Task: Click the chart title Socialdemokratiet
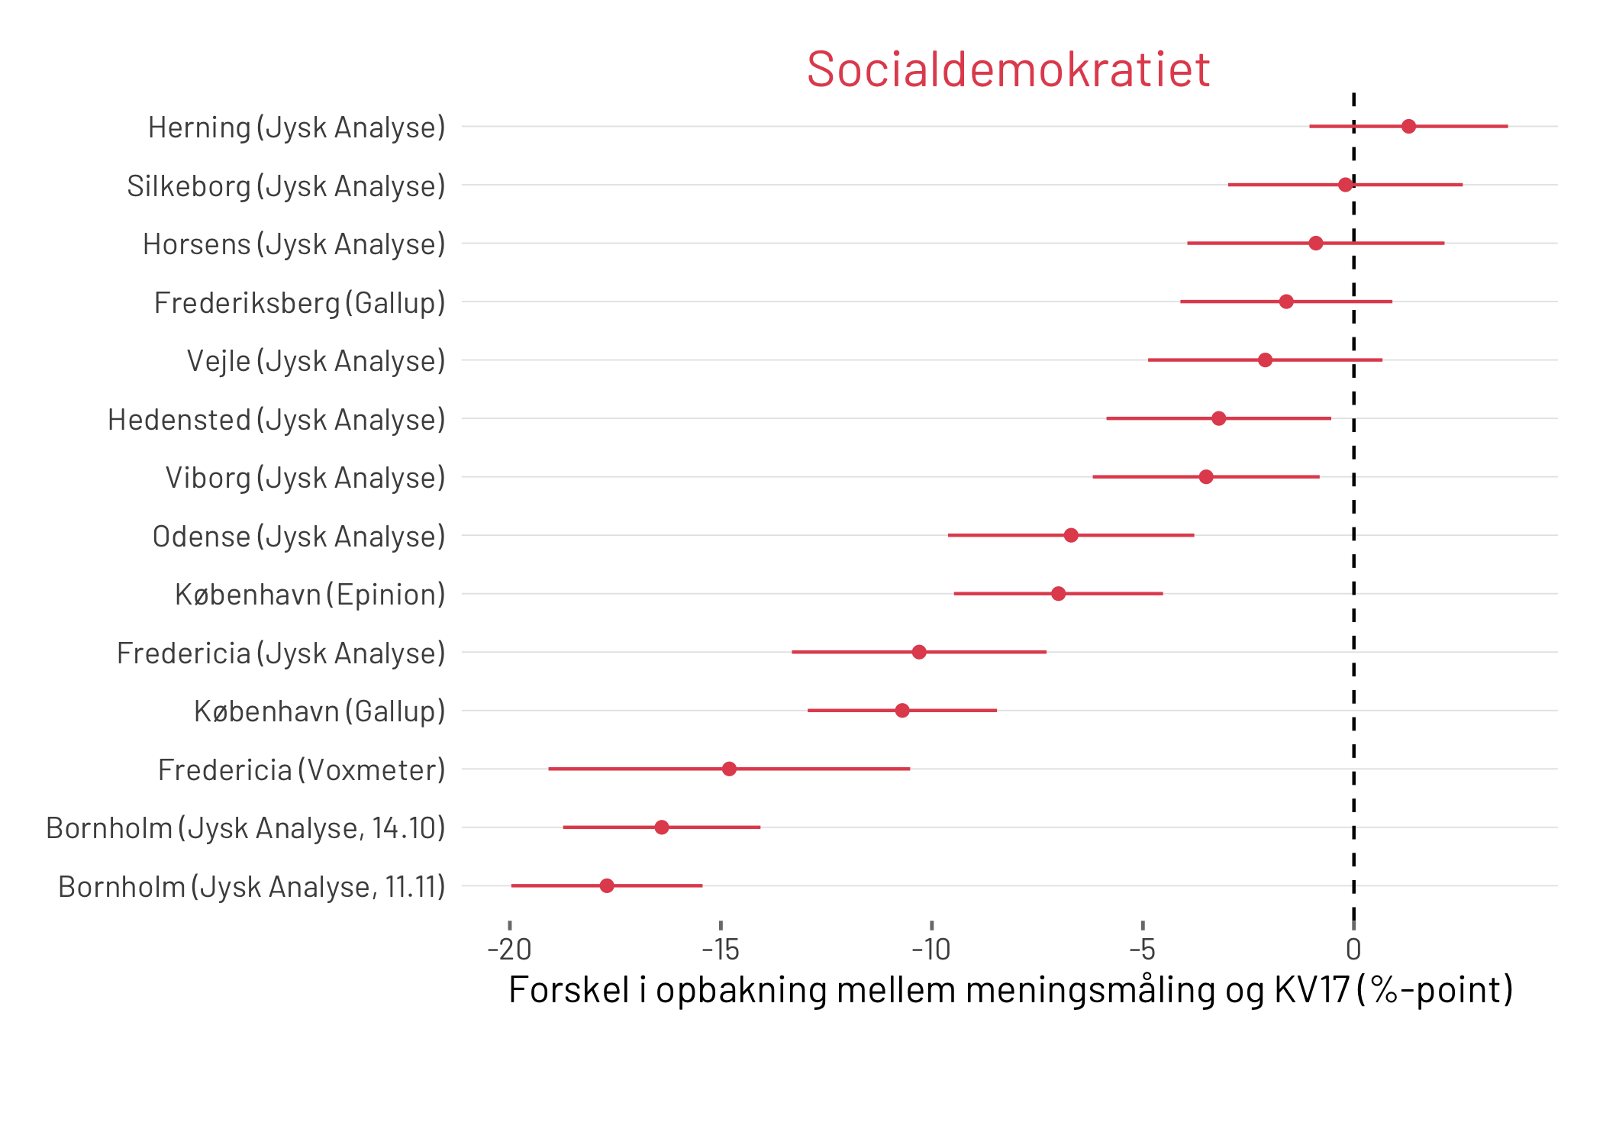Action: pyautogui.click(x=1008, y=69)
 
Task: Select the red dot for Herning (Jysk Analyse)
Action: pyautogui.click(x=1408, y=127)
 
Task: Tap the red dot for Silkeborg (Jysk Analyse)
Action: pyautogui.click(x=1345, y=185)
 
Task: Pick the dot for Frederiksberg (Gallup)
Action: pyautogui.click(x=1286, y=302)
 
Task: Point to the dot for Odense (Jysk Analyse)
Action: pyautogui.click(x=1071, y=535)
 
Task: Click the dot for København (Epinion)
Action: pyautogui.click(x=1058, y=594)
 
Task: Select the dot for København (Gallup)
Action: pyautogui.click(x=902, y=711)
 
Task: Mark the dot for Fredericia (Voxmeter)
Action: pyautogui.click(x=729, y=769)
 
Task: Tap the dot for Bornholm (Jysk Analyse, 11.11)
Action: pyautogui.click(x=607, y=885)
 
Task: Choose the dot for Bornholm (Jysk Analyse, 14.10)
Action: pyautogui.click(x=662, y=827)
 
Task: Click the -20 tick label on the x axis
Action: pyautogui.click(x=509, y=950)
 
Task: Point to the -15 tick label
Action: pyautogui.click(x=721, y=950)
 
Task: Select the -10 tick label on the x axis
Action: pyautogui.click(x=931, y=950)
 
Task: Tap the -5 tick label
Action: pyautogui.click(x=1142, y=950)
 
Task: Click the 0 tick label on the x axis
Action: pyautogui.click(x=1353, y=950)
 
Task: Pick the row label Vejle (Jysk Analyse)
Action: pyautogui.click(x=316, y=361)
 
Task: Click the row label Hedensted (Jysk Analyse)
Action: pyautogui.click(x=276, y=420)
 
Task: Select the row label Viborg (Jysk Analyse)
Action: pyautogui.click(x=305, y=478)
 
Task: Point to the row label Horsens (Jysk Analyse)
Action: pyautogui.click(x=294, y=244)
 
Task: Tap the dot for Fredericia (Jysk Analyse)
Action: pyautogui.click(x=919, y=652)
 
